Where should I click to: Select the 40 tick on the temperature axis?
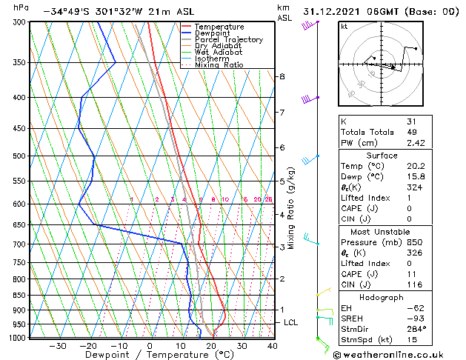pyautogui.click(x=273, y=346)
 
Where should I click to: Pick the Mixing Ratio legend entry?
pyautogui.click(x=219, y=65)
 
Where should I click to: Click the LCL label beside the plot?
pyautogui.click(x=290, y=323)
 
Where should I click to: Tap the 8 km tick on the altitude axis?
pyautogui.click(x=282, y=77)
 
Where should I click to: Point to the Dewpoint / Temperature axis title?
pyautogui.click(x=149, y=355)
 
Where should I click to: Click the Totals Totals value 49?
pyautogui.click(x=412, y=132)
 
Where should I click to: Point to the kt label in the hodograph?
pyautogui.click(x=344, y=27)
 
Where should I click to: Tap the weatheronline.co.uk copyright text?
pyautogui.click(x=389, y=354)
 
